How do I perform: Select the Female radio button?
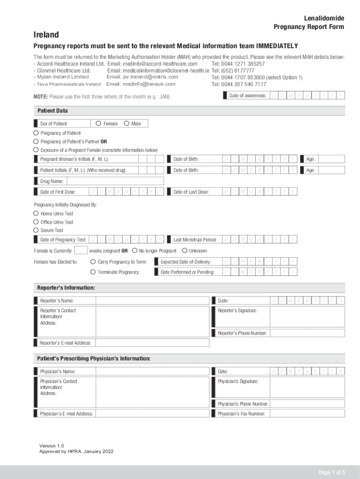[98, 123]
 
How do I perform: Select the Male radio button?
[127, 123]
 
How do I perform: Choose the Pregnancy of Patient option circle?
[36, 133]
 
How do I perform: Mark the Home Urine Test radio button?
[36, 213]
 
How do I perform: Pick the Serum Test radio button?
[36, 230]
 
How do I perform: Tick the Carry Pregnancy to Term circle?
[94, 261]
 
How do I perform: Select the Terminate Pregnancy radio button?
[94, 272]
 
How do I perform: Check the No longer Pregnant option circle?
[135, 250]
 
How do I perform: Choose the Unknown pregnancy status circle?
[185, 250]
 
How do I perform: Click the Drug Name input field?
[115, 181]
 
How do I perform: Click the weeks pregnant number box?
[81, 250]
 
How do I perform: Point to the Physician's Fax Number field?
[307, 414]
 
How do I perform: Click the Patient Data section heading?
[52, 111]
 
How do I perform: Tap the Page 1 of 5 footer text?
[331, 472]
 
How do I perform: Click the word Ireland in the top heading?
[46, 35]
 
